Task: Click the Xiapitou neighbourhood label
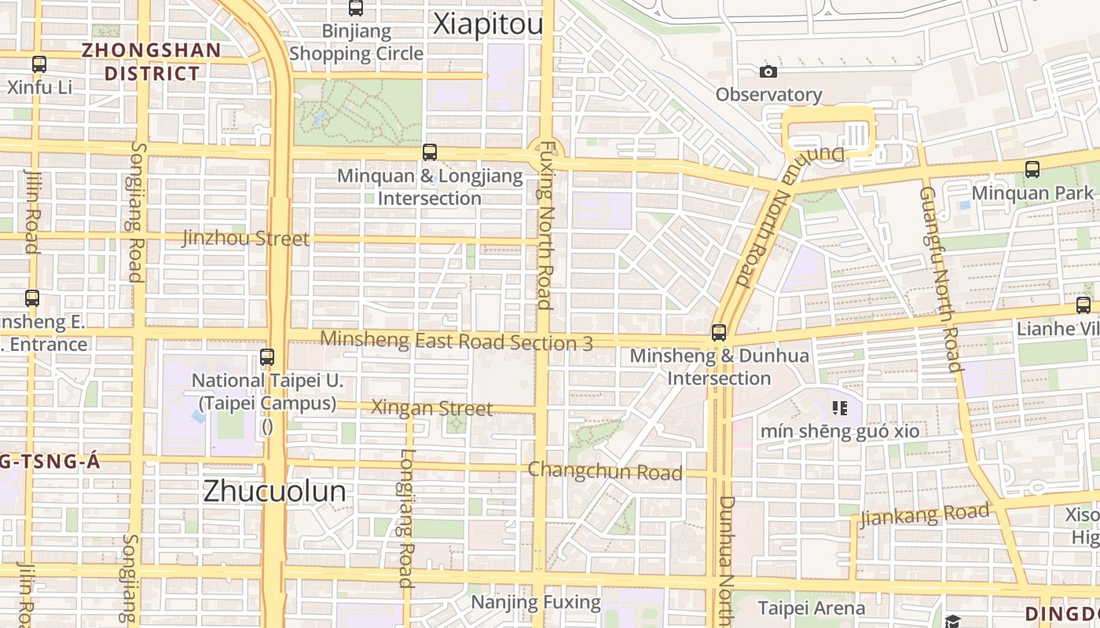488,25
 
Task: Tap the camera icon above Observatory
768,72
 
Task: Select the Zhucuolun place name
274,491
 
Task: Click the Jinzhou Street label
246,238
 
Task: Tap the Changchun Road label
604,471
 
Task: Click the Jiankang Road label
924,516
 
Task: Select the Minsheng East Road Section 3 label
456,341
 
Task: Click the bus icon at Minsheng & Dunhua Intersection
719,332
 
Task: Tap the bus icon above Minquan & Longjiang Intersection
430,152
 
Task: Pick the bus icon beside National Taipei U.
267,357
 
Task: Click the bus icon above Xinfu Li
39,64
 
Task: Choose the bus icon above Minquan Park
1032,169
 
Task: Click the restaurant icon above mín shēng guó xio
840,408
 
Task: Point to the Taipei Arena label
811,608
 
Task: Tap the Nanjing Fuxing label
536,603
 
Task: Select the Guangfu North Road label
940,279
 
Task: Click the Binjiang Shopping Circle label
356,42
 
